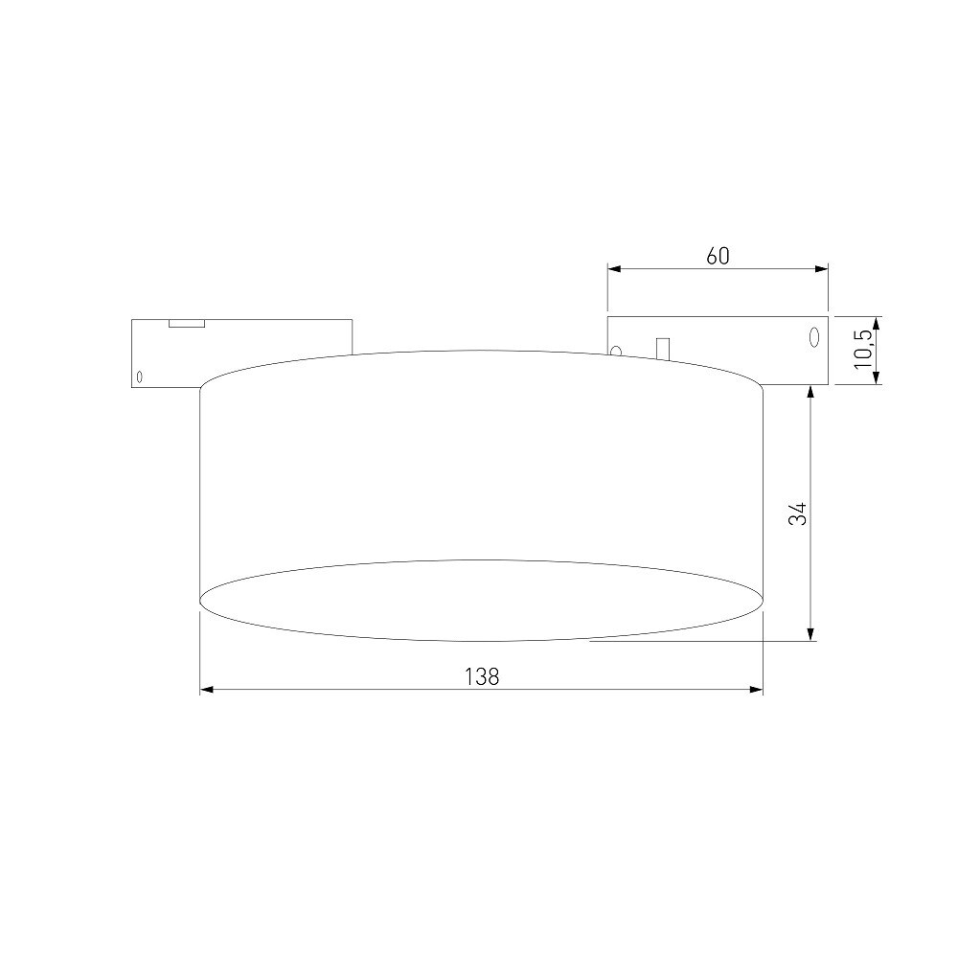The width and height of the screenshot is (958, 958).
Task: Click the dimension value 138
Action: coord(482,676)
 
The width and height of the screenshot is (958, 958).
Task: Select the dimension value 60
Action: coord(718,256)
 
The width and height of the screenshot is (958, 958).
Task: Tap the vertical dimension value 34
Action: coord(798,513)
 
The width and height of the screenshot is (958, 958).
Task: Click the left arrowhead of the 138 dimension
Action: coord(207,690)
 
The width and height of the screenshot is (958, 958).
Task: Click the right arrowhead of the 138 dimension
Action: coord(757,690)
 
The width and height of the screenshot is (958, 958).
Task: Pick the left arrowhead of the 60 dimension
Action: coord(614,268)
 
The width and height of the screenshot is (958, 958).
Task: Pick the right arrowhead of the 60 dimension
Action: coord(822,268)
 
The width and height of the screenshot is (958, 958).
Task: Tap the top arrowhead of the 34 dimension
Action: coord(810,392)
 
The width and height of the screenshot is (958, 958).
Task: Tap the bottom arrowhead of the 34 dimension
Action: coord(810,634)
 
